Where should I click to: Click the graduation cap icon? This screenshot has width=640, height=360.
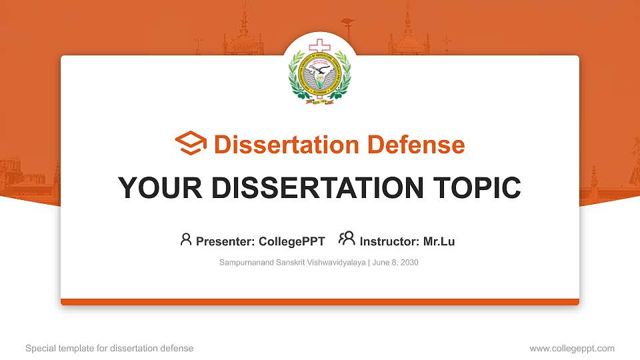(x=191, y=144)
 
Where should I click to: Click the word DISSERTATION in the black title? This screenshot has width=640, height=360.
(x=313, y=188)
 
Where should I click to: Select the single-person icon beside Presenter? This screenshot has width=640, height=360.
(x=186, y=239)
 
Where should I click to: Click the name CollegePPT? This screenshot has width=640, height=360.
(x=291, y=241)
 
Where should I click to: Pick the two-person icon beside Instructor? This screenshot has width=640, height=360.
(x=347, y=239)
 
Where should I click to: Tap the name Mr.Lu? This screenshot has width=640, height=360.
(x=439, y=241)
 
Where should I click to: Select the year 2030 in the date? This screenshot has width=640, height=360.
(x=409, y=263)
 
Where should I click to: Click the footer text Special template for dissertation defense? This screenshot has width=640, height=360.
(x=109, y=348)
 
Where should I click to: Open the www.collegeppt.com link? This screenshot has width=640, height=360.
(x=572, y=348)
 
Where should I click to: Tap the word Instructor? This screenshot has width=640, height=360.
(x=389, y=241)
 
